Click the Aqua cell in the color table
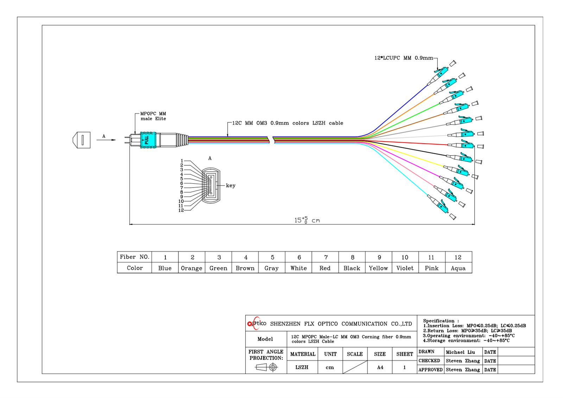(x=458, y=268)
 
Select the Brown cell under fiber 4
(x=245, y=268)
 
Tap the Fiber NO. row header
(x=134, y=257)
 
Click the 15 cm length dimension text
(x=307, y=220)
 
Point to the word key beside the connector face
(x=230, y=185)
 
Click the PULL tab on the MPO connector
(x=147, y=140)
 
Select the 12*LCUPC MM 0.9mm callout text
(x=403, y=58)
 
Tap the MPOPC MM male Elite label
(x=153, y=116)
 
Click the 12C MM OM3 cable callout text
(x=287, y=123)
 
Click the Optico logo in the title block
(x=257, y=323)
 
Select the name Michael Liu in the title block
(x=460, y=352)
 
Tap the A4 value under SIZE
(x=380, y=367)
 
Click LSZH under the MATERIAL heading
(x=302, y=367)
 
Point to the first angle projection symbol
(x=266, y=367)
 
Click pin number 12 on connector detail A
(x=181, y=210)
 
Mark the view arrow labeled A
(x=106, y=140)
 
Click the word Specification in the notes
(x=438, y=321)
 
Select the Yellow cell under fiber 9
(x=378, y=268)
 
